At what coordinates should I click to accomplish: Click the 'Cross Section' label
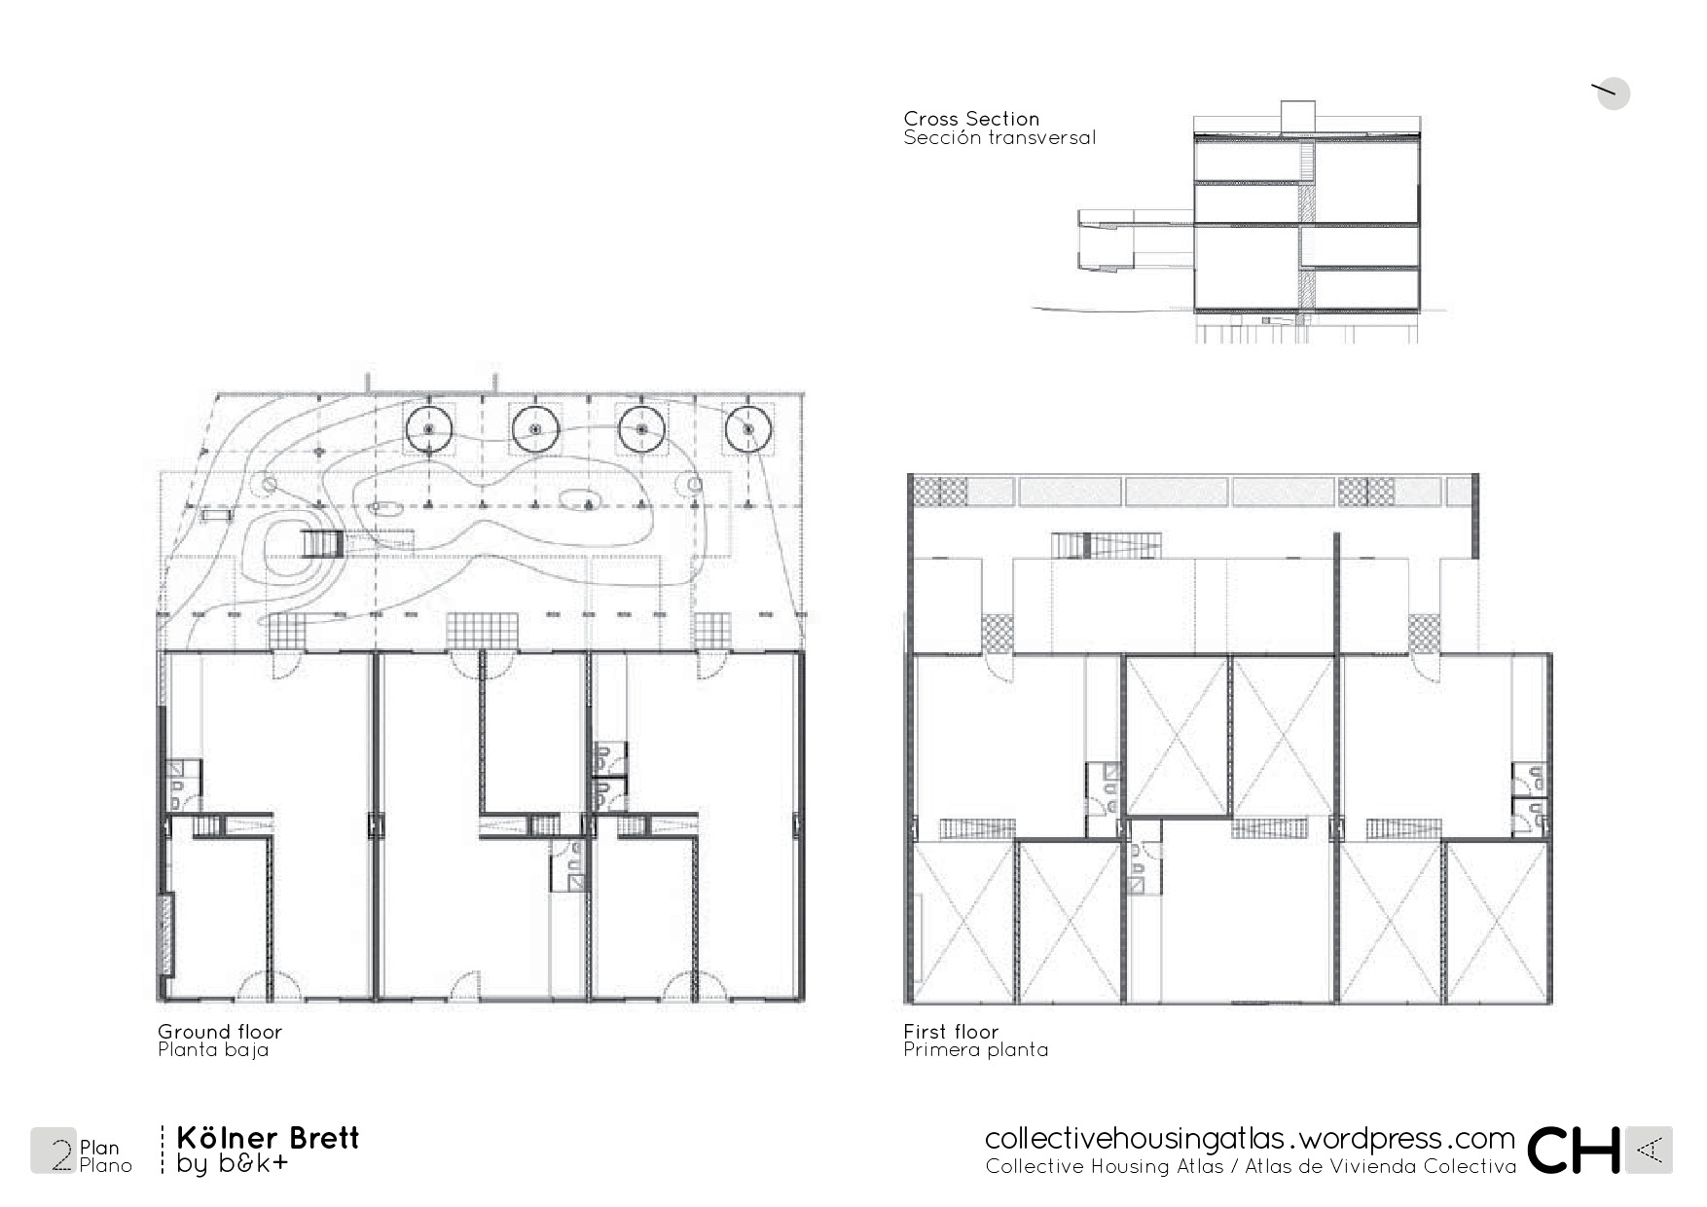point(971,119)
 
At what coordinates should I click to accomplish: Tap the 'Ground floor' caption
point(220,1032)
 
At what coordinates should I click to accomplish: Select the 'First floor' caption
point(951,1032)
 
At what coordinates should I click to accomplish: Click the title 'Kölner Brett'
point(268,1138)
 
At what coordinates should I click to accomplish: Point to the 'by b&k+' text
point(233,1163)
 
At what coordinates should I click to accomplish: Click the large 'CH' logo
point(1574,1151)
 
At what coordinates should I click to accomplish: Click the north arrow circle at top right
point(1613,93)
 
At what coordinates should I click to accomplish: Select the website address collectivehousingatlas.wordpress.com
point(1250,1138)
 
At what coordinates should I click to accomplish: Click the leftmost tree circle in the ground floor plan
point(429,429)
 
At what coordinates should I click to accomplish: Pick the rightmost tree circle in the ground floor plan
point(748,429)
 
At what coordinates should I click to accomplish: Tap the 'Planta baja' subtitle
point(213,1050)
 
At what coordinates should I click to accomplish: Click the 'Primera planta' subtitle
point(976,1050)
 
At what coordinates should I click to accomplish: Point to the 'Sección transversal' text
point(999,137)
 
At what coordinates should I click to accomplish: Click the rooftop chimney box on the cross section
point(1298,115)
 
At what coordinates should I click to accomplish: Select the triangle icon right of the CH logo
point(1649,1151)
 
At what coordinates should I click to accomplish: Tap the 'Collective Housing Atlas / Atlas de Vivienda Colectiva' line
point(1251,1166)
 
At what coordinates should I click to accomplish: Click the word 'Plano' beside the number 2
point(105,1165)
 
